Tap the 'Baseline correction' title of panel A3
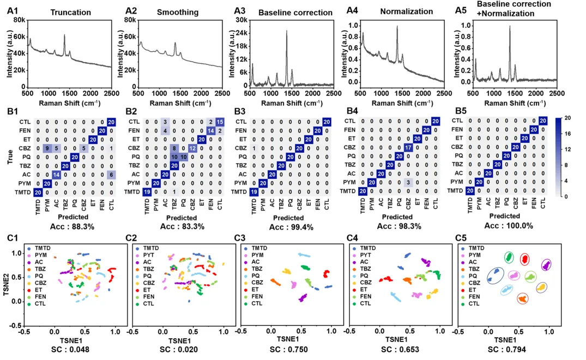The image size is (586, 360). pyautogui.click(x=295, y=12)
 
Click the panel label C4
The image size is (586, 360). pyautogui.click(x=354, y=238)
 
